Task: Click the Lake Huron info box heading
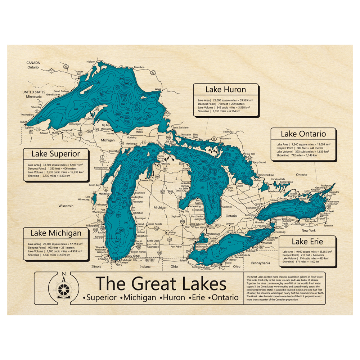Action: click(x=226, y=90)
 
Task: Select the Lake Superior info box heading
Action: click(x=55, y=154)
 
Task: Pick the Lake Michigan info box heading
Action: click(x=55, y=233)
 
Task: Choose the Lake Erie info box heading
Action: click(x=307, y=241)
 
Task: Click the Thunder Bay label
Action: click(x=79, y=73)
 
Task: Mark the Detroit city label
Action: click(x=194, y=239)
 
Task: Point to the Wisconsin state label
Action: click(x=65, y=206)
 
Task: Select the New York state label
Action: click(x=309, y=230)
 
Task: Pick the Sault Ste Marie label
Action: click(x=180, y=127)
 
